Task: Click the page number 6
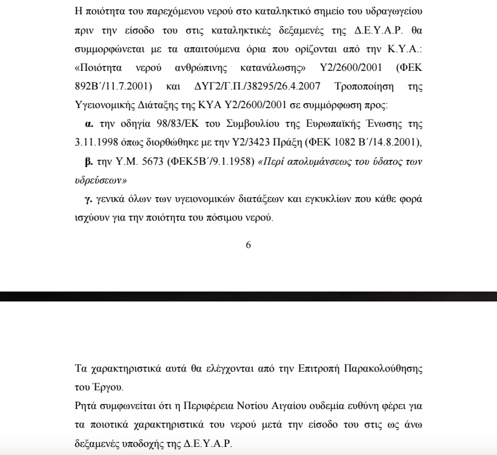pos(249,244)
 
